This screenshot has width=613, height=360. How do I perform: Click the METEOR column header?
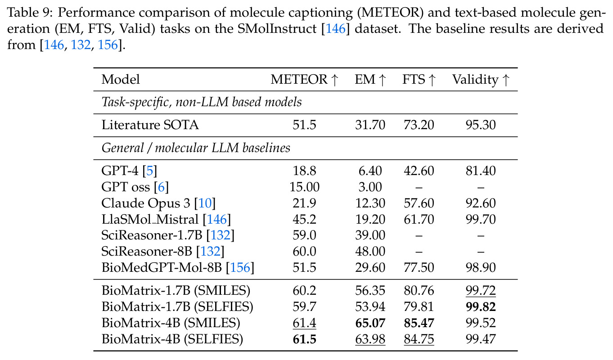305,80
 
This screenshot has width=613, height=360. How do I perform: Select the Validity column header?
481,80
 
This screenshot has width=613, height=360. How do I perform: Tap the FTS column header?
419,80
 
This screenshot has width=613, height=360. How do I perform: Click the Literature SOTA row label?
150,125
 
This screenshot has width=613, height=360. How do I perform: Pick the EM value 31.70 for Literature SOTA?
370,125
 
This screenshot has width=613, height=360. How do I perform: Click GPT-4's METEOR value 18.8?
304,171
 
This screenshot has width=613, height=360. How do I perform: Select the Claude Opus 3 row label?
158,203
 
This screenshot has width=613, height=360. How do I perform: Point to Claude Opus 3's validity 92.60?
481,203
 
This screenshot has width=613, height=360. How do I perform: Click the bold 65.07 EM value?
370,323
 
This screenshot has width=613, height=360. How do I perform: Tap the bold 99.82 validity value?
481,307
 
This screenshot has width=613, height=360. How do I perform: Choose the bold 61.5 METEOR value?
304,339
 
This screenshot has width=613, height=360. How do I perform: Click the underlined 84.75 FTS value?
419,339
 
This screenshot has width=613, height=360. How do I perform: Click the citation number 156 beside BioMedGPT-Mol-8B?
240,268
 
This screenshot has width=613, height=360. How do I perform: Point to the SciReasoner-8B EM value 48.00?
370,252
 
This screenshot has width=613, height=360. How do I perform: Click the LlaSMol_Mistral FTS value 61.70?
419,220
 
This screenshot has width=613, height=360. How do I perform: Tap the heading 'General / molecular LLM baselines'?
196,148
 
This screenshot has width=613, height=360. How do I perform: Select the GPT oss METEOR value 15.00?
304,187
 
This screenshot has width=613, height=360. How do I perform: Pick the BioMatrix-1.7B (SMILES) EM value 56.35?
370,291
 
